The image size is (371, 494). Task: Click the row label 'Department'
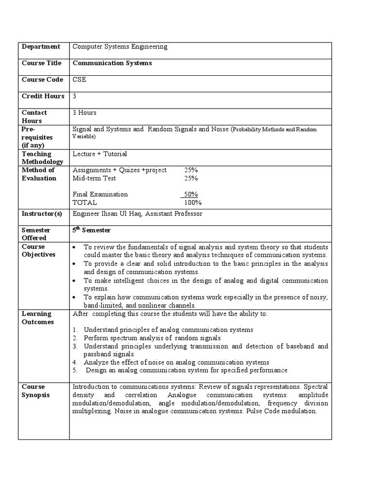[x=41, y=47]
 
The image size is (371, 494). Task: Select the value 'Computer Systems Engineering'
[x=120, y=47]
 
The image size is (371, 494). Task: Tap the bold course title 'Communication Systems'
[x=112, y=63]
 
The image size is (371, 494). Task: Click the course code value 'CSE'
[x=79, y=80]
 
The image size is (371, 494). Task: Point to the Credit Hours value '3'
[x=74, y=96]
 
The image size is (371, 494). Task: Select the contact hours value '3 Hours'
[x=85, y=112]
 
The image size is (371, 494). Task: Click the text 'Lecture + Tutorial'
[x=100, y=154]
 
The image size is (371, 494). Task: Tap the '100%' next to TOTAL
[x=193, y=203]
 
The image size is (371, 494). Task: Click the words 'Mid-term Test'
[x=94, y=178]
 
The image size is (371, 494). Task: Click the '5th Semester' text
[x=91, y=231]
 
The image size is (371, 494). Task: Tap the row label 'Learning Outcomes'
[x=38, y=318]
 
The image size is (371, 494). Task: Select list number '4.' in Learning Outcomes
[x=75, y=362]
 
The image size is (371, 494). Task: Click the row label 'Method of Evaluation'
[x=39, y=174]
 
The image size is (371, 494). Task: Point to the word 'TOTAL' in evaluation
[x=85, y=203]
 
